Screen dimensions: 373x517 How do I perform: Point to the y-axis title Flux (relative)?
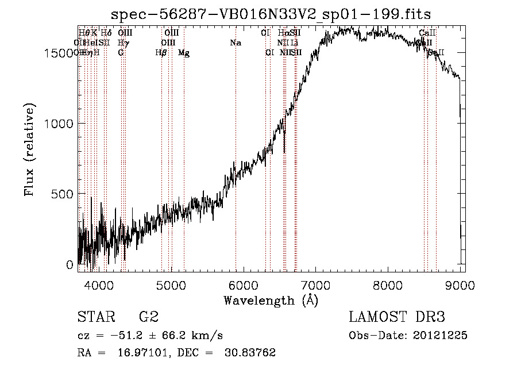[x=29, y=149]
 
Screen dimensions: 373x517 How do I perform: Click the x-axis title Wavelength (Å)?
[x=271, y=300]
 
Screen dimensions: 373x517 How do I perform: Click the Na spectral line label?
[x=235, y=43]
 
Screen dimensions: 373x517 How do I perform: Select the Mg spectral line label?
[x=184, y=53]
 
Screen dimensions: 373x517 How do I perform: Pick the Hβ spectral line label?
[x=161, y=53]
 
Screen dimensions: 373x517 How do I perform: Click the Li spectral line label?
[x=294, y=43]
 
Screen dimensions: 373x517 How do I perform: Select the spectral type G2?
[x=149, y=317]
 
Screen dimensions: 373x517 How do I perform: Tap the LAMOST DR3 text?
[x=397, y=317]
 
